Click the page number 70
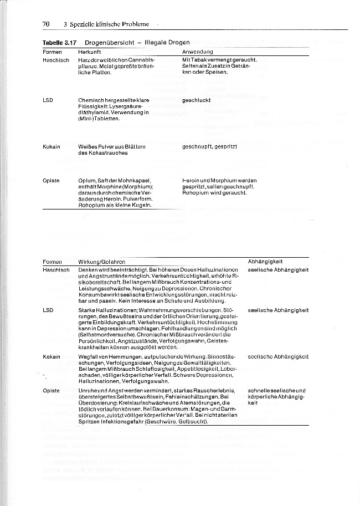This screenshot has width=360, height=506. click(47, 24)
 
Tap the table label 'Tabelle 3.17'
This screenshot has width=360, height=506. click(59, 42)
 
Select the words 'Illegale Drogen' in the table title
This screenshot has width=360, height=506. click(167, 42)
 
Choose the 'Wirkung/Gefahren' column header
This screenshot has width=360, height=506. click(101, 262)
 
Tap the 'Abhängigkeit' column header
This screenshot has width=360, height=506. click(266, 262)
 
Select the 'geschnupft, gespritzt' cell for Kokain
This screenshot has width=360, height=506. click(209, 146)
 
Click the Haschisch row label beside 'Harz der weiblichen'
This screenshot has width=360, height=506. click(56, 59)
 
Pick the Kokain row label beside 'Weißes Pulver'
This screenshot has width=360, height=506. click(52, 146)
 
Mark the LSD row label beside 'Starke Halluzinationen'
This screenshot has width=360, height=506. click(48, 310)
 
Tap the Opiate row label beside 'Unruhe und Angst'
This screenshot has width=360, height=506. click(51, 391)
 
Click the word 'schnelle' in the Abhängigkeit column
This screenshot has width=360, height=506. click(258, 391)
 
